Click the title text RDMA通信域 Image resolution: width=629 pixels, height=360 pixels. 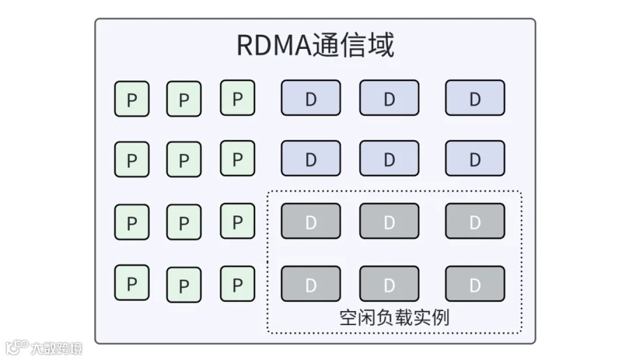tap(315, 45)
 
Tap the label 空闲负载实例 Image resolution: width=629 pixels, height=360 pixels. tap(394, 318)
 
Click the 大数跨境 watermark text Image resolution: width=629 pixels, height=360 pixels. tap(56, 348)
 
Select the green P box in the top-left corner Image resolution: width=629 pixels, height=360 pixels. tap(131, 99)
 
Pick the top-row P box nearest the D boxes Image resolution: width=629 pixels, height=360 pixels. tap(238, 98)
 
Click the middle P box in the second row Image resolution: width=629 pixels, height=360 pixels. tap(184, 159)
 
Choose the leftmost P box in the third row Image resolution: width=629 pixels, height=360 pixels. tap(131, 222)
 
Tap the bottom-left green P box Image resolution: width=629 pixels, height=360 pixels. tap(131, 282)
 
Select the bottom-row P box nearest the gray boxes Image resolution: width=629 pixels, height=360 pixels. tap(238, 284)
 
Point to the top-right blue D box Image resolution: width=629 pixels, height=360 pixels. tap(475, 98)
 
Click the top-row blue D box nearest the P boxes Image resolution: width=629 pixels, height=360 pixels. tap(311, 98)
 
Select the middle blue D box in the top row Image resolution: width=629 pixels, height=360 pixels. tap(389, 98)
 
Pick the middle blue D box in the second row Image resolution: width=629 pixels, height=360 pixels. tap(389, 158)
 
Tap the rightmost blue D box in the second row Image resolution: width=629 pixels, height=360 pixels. tap(475, 158)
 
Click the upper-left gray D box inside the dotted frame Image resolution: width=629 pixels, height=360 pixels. tap(311, 221)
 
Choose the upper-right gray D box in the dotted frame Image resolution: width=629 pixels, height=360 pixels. tap(475, 221)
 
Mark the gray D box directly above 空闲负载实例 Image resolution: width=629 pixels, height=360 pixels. tap(389, 284)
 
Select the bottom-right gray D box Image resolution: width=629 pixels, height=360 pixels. tap(475, 284)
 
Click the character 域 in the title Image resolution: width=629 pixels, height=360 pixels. tap(381, 45)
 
